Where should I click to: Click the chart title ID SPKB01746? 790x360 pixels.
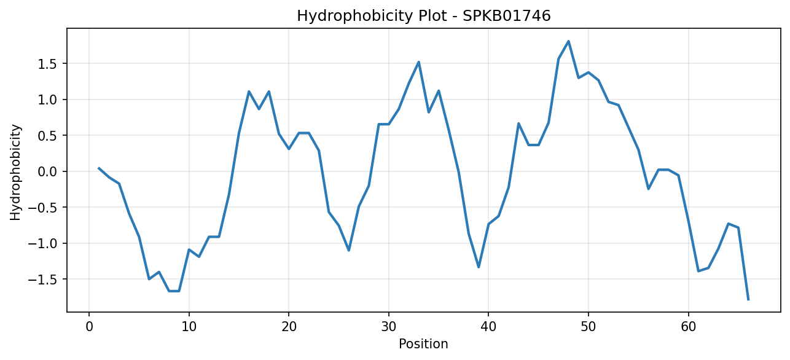pyautogui.click(x=506, y=16)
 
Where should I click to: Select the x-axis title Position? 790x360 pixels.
pyautogui.click(x=423, y=344)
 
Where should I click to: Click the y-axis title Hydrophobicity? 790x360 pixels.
pyautogui.click(x=15, y=173)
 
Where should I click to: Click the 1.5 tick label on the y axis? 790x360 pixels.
pyautogui.click(x=48, y=64)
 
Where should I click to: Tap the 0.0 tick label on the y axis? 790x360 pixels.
pyautogui.click(x=48, y=172)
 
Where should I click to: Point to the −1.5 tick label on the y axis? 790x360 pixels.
pyautogui.click(x=43, y=280)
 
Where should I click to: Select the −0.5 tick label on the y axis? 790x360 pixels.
pyautogui.click(x=43, y=208)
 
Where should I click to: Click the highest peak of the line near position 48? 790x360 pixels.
pyautogui.click(x=568, y=41)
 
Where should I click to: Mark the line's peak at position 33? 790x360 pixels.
pyautogui.click(x=418, y=62)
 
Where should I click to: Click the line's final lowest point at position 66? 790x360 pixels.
pyautogui.click(x=748, y=300)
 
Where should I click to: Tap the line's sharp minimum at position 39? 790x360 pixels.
pyautogui.click(x=479, y=267)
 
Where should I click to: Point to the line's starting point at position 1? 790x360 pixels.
pyautogui.click(x=99, y=168)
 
